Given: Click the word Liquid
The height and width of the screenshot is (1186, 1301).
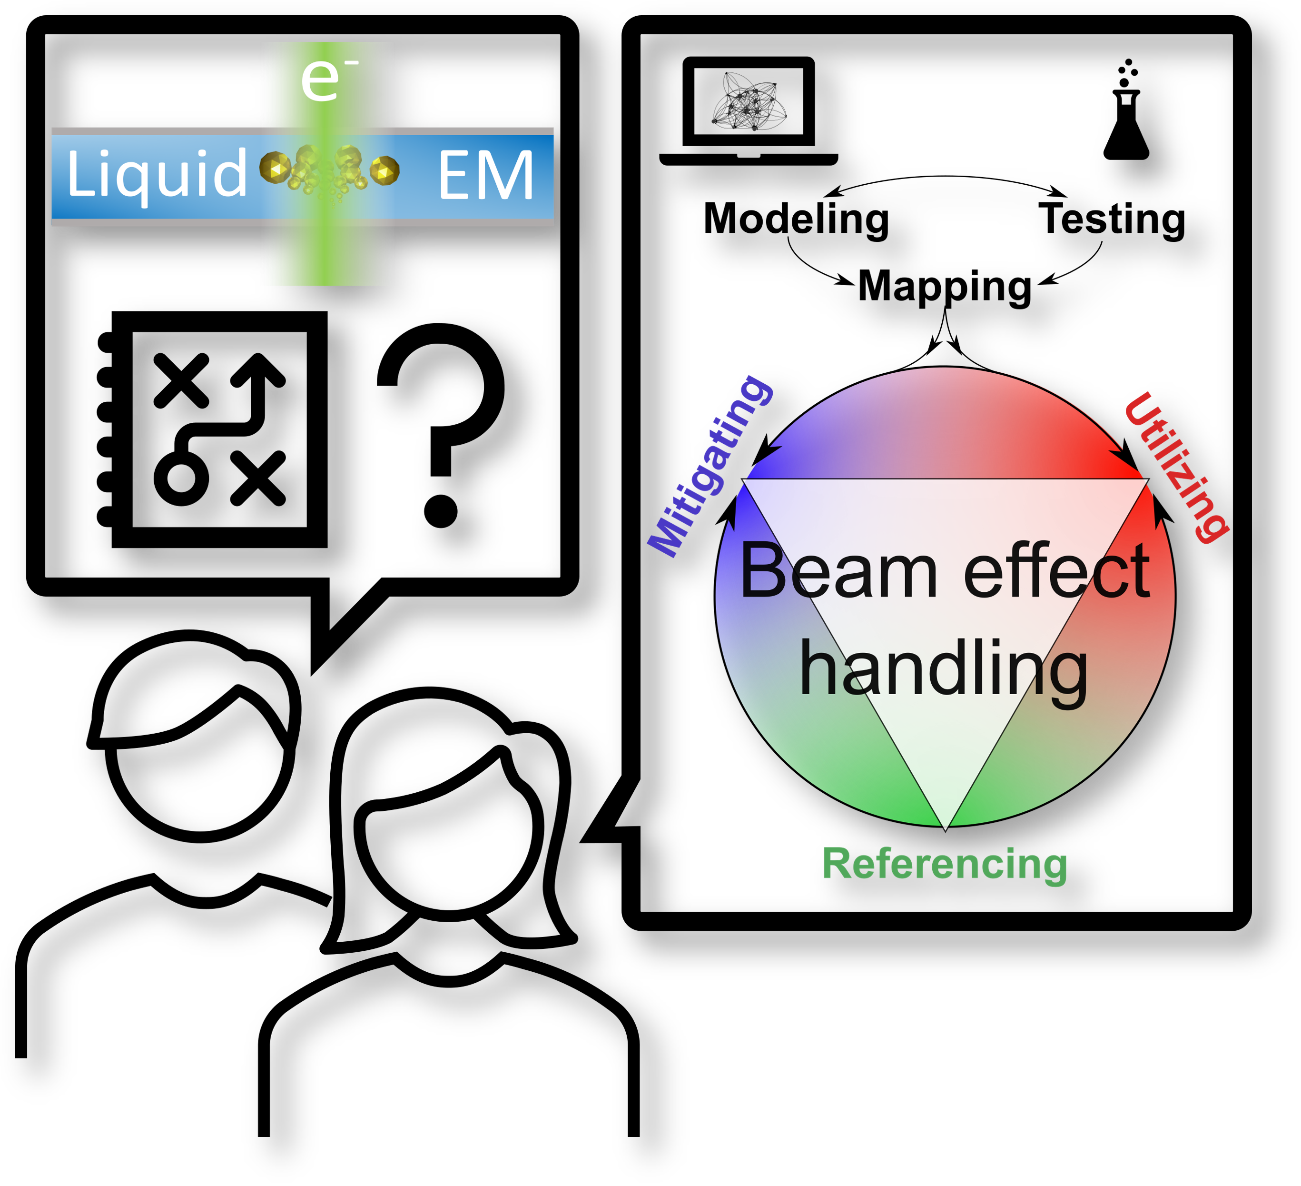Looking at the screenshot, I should [x=157, y=173].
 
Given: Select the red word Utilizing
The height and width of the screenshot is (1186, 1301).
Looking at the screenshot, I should [x=1176, y=468].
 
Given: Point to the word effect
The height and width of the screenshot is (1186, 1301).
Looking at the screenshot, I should [x=1056, y=571].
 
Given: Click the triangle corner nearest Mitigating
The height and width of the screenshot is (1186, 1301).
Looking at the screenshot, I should [x=745, y=480].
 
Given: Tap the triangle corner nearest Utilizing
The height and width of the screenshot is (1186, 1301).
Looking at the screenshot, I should [x=1146, y=480].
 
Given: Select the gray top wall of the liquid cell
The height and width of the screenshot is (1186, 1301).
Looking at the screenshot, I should [x=302, y=131].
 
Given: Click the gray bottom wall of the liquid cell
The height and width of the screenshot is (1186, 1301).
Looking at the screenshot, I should [x=302, y=223].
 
